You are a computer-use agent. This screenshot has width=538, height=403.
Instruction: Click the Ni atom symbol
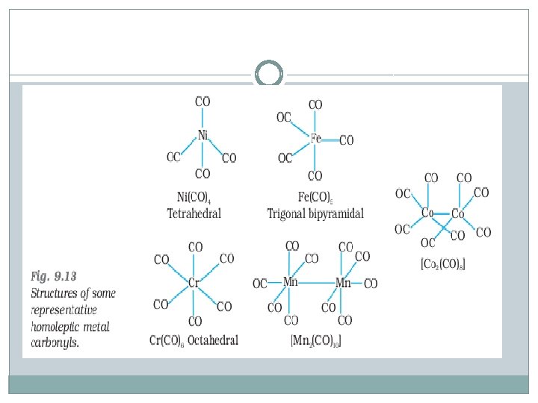tap(202, 136)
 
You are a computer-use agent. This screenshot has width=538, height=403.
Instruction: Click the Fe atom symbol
tap(316, 139)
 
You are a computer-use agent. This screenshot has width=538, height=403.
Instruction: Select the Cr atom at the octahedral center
tap(194, 283)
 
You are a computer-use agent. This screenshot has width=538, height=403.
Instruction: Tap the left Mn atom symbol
tap(291, 282)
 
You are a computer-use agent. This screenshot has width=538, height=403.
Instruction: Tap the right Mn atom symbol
tap(343, 283)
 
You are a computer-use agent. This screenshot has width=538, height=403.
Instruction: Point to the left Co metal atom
tap(427, 213)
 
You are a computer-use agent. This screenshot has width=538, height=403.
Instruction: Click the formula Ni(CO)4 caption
tap(194, 198)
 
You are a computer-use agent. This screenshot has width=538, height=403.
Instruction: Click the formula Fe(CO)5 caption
tap(315, 198)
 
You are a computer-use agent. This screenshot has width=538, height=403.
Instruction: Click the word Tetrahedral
tap(194, 213)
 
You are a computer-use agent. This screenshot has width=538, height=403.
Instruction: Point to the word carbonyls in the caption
tap(55, 342)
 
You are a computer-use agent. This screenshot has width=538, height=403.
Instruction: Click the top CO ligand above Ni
tap(202, 101)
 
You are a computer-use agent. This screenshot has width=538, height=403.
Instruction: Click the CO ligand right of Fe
tap(346, 140)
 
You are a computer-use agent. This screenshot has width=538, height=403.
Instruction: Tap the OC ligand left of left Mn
tap(260, 284)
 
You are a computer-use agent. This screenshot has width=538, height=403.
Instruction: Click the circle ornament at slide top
tap(269, 75)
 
